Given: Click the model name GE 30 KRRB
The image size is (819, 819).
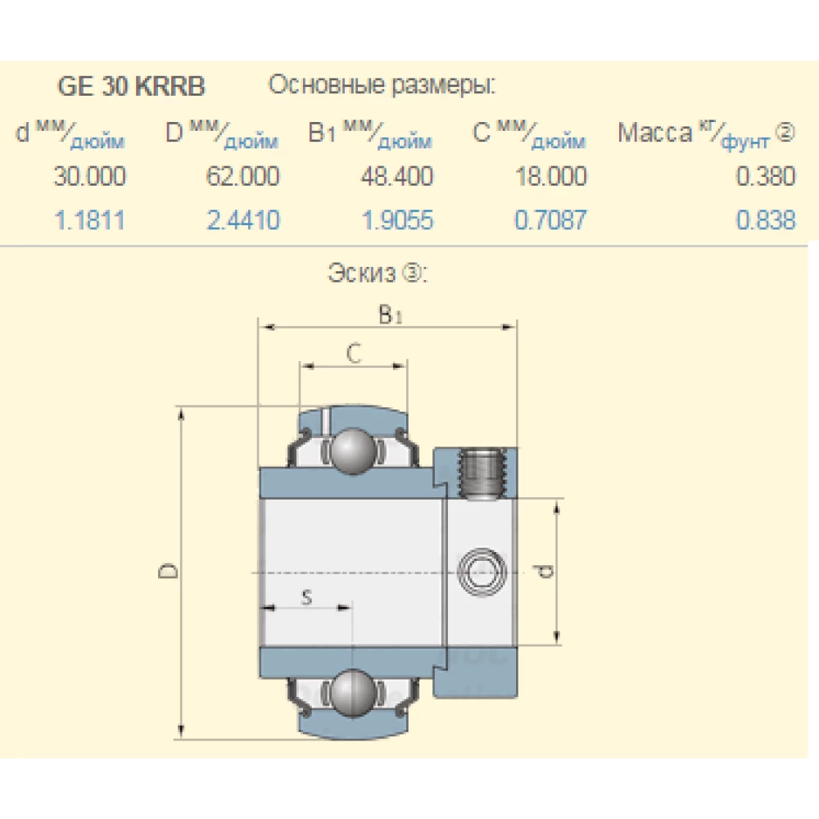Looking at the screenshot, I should (131, 87).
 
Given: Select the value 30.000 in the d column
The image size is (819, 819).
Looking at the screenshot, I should (90, 176).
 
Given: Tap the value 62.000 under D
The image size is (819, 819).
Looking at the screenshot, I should (242, 176).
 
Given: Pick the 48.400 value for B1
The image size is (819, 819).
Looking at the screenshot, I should (396, 176).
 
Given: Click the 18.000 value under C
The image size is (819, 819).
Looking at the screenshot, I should (550, 176).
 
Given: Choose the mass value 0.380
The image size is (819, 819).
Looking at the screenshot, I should (766, 176).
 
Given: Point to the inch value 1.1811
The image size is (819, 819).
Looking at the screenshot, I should (90, 219).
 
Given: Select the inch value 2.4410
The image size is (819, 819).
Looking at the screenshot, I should (242, 219).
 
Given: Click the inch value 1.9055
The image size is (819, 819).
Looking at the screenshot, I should (396, 219).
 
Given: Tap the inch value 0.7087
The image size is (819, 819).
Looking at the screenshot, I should (550, 219).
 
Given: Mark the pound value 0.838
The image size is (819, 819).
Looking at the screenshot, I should (766, 219).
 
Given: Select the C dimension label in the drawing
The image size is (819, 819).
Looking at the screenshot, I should (352, 354).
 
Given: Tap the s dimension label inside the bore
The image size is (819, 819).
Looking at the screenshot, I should (306, 597).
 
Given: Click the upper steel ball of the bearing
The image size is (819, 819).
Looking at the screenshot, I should (353, 449).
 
